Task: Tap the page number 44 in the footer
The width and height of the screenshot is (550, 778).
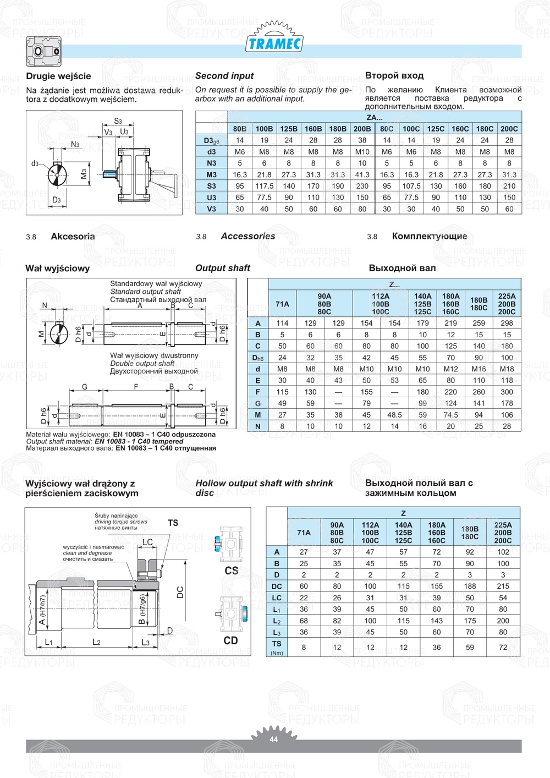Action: click(274, 739)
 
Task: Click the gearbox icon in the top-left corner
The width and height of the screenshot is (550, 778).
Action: click(43, 51)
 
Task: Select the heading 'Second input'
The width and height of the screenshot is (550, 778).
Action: click(224, 76)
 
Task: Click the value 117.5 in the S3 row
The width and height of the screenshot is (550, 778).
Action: click(264, 186)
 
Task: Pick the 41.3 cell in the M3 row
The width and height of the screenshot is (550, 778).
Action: click(362, 174)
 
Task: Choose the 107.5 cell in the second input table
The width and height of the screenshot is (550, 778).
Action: click(411, 186)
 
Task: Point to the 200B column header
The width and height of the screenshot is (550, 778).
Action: click(362, 129)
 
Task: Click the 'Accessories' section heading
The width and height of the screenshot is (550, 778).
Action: click(248, 236)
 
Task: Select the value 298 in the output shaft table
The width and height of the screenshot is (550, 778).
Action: click(507, 323)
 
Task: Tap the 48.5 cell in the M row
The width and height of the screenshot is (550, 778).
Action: click(394, 415)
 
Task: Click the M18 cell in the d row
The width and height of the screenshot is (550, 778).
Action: click(507, 369)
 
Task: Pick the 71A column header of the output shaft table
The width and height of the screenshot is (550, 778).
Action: click(282, 304)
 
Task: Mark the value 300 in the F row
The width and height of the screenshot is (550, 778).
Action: click(507, 392)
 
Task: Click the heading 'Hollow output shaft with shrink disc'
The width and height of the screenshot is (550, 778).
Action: click(264, 487)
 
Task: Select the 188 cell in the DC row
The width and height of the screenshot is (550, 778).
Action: click(470, 586)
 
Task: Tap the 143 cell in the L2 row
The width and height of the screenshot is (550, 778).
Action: click(437, 621)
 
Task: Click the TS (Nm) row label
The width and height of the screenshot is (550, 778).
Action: click(277, 647)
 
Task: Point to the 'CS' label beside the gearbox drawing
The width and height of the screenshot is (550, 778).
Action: click(232, 571)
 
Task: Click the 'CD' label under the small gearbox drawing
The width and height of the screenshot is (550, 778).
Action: click(231, 640)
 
